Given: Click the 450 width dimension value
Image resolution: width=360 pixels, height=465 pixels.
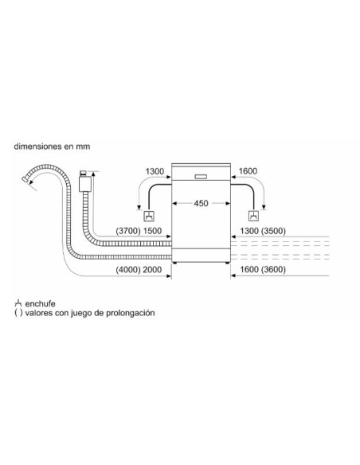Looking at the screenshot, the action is (x=201, y=204).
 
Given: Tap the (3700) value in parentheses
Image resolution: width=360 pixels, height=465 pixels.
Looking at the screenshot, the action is (x=128, y=231).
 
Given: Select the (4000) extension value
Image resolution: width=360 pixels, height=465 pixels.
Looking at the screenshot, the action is (x=128, y=270).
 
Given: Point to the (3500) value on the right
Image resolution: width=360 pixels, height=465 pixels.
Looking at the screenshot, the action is (x=273, y=231).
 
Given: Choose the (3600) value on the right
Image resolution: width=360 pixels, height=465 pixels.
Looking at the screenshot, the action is (x=273, y=270).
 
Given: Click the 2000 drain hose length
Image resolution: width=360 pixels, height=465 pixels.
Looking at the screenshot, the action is (x=152, y=270).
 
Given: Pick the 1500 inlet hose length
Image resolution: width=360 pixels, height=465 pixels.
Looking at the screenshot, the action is (x=152, y=231).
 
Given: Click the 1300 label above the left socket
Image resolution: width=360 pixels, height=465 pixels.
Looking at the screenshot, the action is (x=155, y=171).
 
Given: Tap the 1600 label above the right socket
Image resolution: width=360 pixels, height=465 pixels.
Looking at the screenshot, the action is (x=248, y=171).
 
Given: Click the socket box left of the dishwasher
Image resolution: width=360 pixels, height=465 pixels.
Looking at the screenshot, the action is (x=149, y=216).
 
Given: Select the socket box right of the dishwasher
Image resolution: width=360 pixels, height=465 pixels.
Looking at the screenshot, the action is (x=253, y=216).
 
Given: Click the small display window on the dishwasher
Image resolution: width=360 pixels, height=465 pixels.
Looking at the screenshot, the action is (x=201, y=177).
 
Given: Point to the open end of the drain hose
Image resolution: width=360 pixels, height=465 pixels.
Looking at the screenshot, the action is (x=25, y=179).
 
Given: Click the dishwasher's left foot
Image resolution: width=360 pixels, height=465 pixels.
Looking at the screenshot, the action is (x=175, y=263).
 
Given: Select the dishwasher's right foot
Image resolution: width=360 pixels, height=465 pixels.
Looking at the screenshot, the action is (x=227, y=263).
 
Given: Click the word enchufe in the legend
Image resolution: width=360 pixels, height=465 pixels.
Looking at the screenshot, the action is (x=41, y=304).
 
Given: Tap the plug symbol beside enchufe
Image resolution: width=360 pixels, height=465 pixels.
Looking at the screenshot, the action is (x=18, y=303).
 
